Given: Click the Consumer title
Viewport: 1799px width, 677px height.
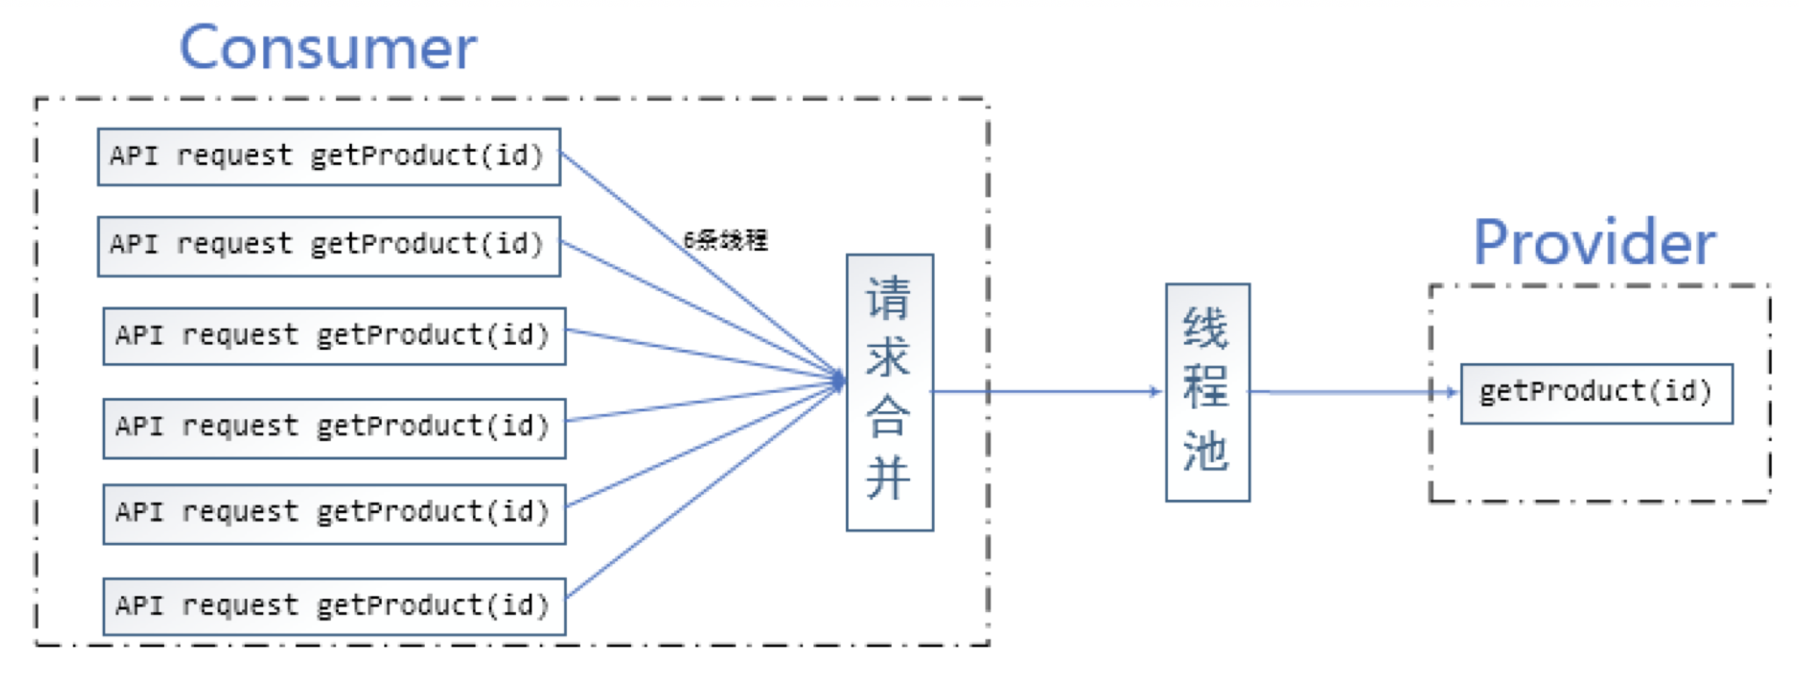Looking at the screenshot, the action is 328,48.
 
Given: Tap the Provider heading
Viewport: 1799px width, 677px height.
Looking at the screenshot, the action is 1595,242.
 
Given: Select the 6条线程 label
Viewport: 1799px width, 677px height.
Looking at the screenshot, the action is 725,239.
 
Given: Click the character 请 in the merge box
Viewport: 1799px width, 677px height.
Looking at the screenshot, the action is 888,298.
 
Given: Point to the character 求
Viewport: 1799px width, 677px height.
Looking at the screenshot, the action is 888,357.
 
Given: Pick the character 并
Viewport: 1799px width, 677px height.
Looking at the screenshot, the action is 888,477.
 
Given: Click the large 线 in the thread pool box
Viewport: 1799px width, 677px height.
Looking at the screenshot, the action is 1206,329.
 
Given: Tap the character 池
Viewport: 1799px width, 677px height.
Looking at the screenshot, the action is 1206,451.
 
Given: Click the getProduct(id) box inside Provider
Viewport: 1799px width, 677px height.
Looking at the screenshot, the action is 1596,394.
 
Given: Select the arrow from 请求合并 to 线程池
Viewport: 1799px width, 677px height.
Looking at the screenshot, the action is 1047,391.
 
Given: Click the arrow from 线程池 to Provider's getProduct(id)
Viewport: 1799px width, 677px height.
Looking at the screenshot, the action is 1353,391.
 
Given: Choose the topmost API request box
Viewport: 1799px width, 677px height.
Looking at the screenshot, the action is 329,157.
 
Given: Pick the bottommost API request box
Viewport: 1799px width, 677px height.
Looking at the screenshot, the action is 334,606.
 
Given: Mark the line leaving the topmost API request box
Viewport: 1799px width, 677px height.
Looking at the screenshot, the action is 702,266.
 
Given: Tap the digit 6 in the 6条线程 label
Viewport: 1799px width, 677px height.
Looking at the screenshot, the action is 689,239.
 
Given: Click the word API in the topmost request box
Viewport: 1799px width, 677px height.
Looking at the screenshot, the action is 134,155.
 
